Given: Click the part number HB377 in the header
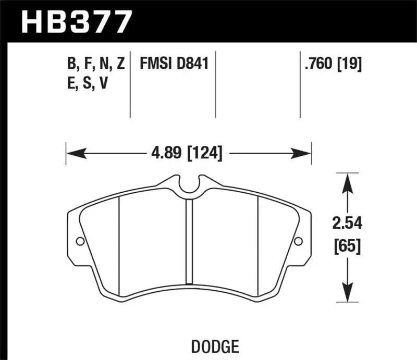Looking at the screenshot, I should click(x=76, y=21).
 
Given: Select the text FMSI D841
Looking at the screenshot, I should click(x=174, y=64).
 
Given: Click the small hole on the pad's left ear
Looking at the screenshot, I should click(x=80, y=241).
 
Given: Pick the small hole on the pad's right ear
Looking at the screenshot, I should click(x=298, y=241).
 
